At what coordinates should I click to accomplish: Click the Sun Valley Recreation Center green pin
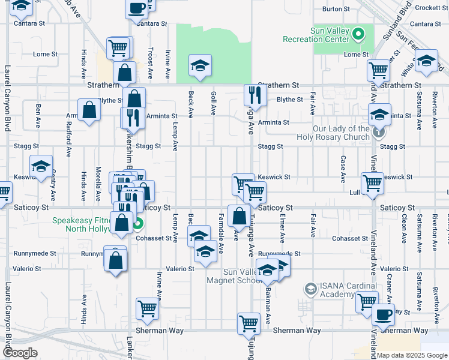(x=359, y=34)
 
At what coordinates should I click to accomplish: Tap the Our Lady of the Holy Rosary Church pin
(x=378, y=131)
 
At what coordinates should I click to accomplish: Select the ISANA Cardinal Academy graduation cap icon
(x=310, y=289)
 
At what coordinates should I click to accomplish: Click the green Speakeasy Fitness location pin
(x=137, y=225)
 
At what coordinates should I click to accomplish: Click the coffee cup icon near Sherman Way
(x=383, y=313)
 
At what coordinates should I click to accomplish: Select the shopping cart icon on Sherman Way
(x=249, y=323)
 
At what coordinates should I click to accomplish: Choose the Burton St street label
(x=336, y=9)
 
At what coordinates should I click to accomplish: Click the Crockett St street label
(x=427, y=8)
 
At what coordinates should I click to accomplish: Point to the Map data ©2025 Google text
(x=411, y=355)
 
